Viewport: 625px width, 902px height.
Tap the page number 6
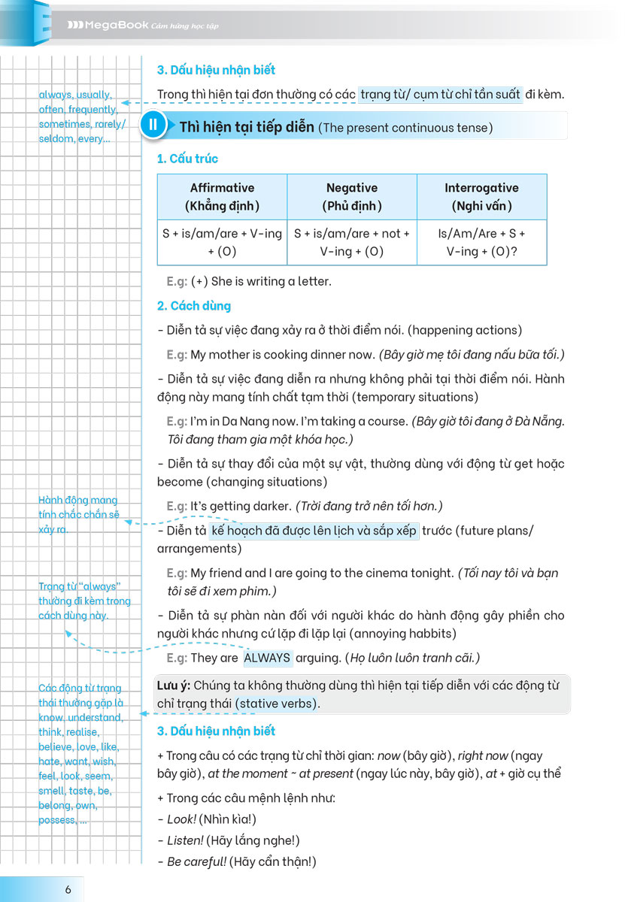[x=68, y=889]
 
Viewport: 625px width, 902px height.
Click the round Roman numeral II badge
[x=152, y=126]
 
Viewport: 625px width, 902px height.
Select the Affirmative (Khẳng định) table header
[x=222, y=196]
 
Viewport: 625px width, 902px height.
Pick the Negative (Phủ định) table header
[x=352, y=196]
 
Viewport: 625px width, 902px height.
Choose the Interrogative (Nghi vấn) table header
[x=481, y=196]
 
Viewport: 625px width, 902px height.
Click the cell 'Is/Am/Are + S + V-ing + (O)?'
[x=481, y=242]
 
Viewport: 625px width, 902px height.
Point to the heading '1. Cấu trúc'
[x=187, y=159]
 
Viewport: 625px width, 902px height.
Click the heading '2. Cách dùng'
[x=194, y=306]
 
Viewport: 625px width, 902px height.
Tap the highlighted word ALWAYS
[x=267, y=658]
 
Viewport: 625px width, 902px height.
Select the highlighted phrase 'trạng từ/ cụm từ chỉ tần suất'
[x=440, y=94]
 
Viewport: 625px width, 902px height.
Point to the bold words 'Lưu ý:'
[x=172, y=685]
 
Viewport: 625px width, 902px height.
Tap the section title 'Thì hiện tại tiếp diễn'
[x=247, y=126]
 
